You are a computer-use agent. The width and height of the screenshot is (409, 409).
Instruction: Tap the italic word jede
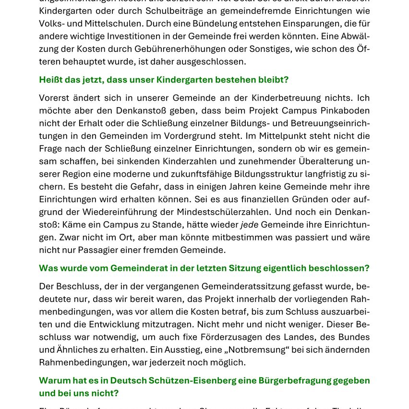[249, 225]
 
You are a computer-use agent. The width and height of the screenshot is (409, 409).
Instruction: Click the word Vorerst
[54, 98]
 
